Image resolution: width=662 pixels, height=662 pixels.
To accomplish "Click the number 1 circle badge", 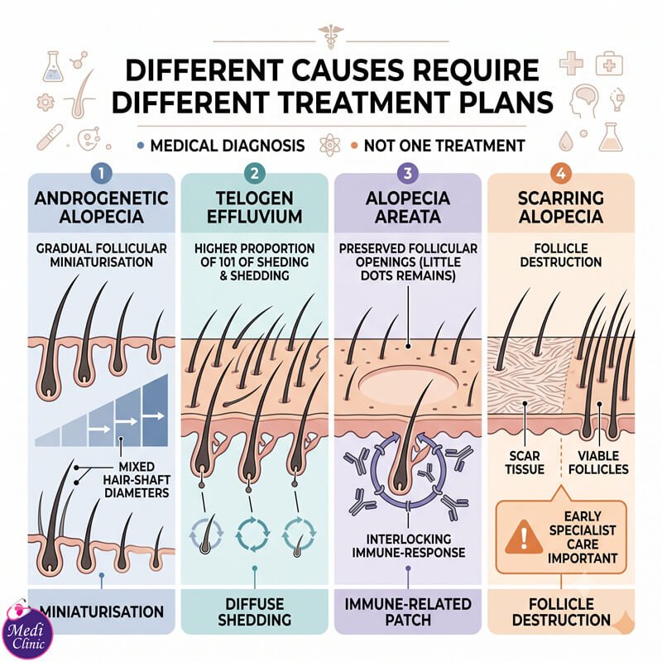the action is [x=101, y=173].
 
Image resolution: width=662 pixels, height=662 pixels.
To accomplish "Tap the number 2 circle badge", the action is [x=254, y=173].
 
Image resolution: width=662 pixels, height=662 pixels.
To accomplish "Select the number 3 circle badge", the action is [x=407, y=173].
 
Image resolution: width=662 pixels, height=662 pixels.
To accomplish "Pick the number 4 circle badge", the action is [x=561, y=173].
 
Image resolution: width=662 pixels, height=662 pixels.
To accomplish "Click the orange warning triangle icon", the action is [x=524, y=536].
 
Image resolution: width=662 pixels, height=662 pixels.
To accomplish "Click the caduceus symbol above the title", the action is [x=330, y=36].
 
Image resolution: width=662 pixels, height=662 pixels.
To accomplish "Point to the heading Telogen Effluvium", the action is [x=254, y=208].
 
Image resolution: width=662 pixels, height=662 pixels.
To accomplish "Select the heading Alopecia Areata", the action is [x=408, y=208].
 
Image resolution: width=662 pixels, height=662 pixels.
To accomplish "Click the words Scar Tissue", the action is [x=525, y=463].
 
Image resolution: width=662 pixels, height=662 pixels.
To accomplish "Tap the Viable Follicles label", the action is [x=598, y=463].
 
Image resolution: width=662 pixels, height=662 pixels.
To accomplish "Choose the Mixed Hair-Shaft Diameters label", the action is [x=137, y=480].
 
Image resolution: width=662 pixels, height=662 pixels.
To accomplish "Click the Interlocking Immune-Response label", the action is [x=408, y=545].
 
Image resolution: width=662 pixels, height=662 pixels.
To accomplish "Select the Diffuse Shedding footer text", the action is [x=254, y=612].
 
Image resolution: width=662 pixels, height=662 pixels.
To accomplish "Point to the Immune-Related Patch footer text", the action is [x=408, y=612].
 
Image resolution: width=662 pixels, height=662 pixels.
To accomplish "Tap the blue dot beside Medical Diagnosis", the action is [x=141, y=146].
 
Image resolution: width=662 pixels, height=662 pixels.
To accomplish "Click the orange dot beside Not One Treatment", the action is [x=354, y=146].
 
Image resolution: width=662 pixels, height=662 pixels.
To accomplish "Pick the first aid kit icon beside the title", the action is [x=609, y=64].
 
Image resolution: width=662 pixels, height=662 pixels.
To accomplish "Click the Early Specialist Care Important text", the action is [x=583, y=537].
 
